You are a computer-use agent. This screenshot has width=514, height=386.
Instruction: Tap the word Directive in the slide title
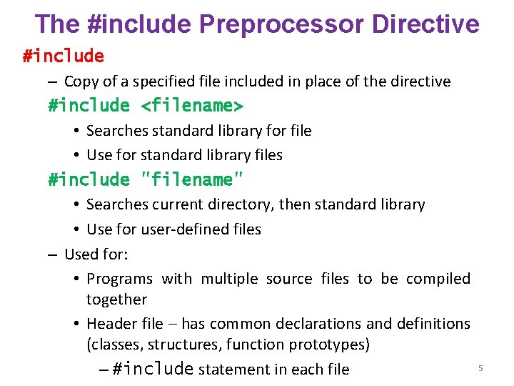click(x=425, y=24)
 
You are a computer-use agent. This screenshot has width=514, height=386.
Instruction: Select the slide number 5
click(x=480, y=367)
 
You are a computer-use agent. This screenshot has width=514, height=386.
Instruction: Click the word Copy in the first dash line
click(x=81, y=81)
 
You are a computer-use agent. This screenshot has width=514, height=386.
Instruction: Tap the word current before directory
click(x=178, y=204)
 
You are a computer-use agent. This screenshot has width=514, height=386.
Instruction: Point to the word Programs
click(x=119, y=279)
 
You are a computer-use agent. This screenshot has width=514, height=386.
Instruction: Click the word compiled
click(x=438, y=279)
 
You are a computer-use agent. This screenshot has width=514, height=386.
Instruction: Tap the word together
click(x=116, y=300)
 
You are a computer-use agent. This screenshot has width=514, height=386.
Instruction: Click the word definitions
click(x=428, y=324)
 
